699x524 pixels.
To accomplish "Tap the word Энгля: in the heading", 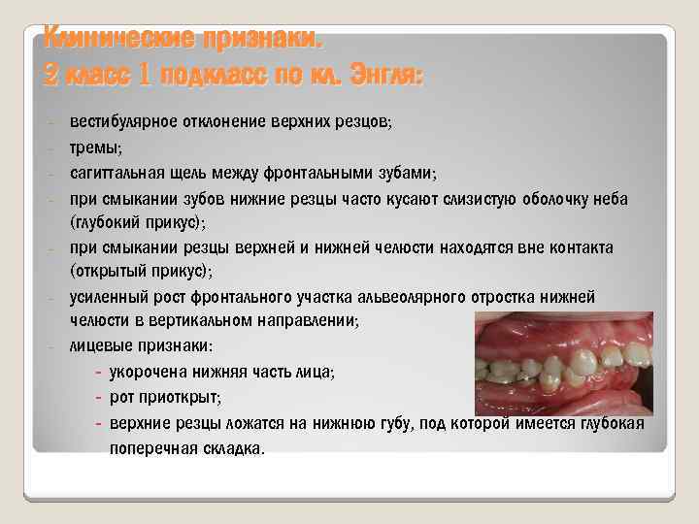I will [379, 72].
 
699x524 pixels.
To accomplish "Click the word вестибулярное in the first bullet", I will [119, 122].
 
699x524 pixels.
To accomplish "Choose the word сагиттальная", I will [114, 173].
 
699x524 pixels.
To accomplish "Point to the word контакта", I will [581, 246].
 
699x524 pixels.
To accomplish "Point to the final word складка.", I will [230, 449].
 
